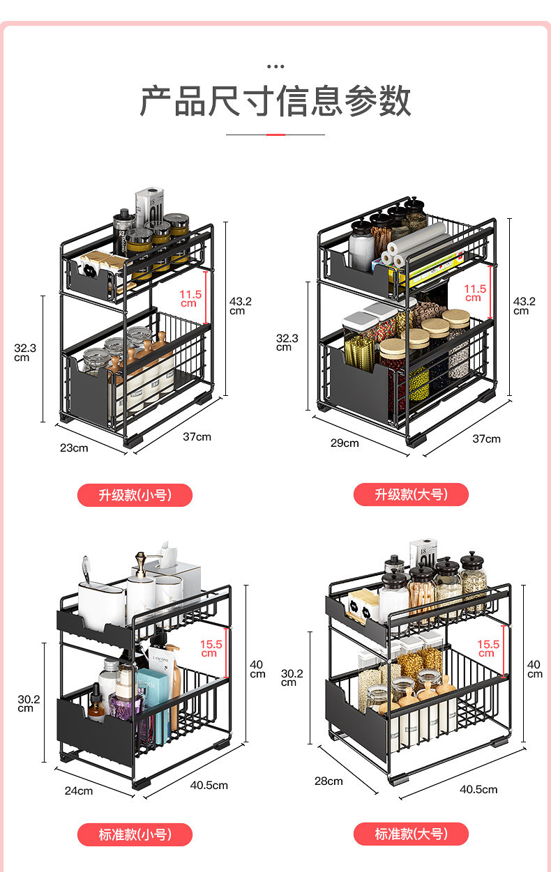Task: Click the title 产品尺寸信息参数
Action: point(275,101)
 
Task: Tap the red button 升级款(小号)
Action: point(135,495)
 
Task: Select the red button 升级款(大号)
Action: point(411,494)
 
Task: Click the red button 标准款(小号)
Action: point(135,834)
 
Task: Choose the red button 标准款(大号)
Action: point(411,834)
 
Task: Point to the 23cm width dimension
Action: point(74,448)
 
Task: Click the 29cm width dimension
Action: point(345,443)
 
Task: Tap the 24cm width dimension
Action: point(79,790)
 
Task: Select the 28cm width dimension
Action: point(329,781)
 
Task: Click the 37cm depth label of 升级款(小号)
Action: point(197,436)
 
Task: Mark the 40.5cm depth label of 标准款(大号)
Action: point(478,789)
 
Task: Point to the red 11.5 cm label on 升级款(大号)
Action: point(475,293)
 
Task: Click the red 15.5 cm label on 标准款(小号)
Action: point(211,648)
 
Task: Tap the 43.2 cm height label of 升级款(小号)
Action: point(240,305)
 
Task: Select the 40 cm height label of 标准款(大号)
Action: point(534,669)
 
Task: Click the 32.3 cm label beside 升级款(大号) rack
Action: point(286,342)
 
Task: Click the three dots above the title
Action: point(275,67)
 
